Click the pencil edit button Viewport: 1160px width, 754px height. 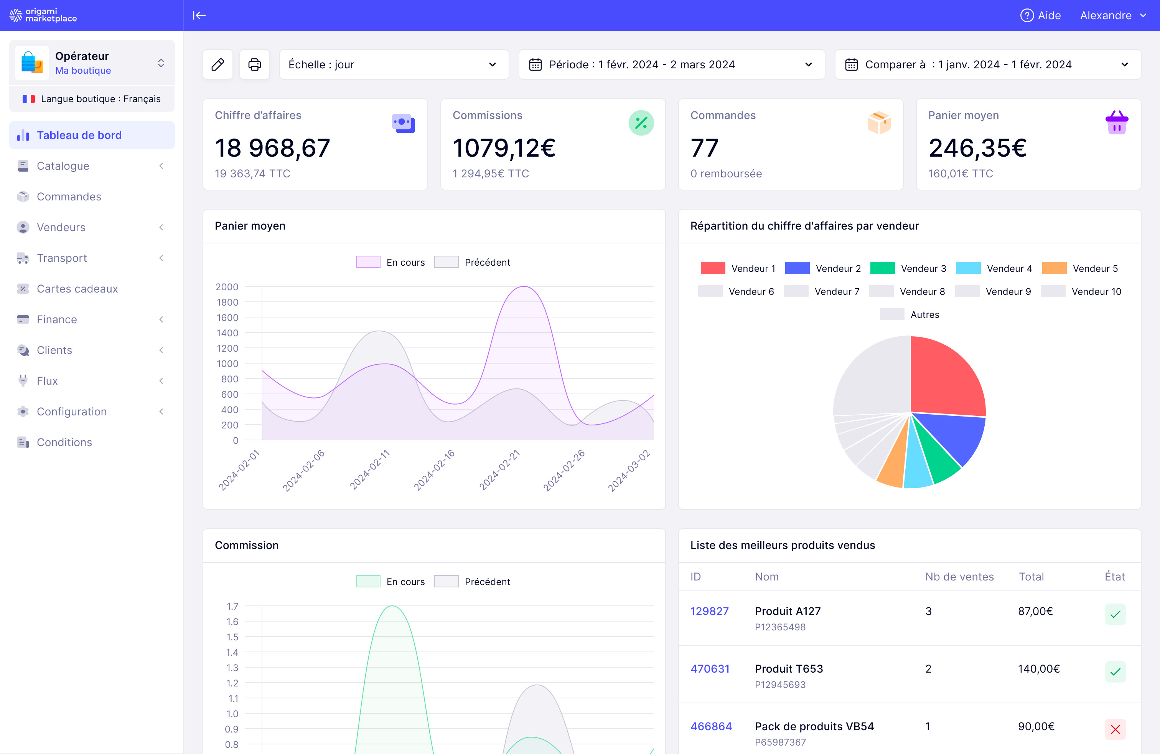coord(217,64)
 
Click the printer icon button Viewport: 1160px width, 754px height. coord(254,64)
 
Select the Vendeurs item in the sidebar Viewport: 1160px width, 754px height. coord(61,227)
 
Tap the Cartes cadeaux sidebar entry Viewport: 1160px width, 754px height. coord(77,289)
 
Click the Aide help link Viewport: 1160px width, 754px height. coord(1041,16)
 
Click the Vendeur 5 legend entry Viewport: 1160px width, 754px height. coord(1080,268)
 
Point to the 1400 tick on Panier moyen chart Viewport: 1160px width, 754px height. coord(227,333)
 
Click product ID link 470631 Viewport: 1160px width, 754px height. coord(710,669)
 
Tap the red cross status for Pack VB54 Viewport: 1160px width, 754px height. coord(1115,729)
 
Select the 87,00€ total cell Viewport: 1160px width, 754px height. coord(1035,611)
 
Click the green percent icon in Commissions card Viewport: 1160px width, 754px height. coord(641,123)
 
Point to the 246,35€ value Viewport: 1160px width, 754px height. coord(977,148)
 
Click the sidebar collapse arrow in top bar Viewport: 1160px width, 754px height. coord(199,16)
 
